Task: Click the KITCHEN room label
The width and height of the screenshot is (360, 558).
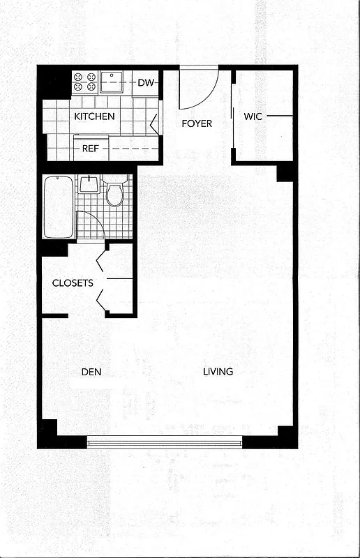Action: click(x=94, y=116)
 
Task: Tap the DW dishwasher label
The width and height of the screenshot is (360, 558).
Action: click(x=145, y=83)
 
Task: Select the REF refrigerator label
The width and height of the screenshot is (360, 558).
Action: click(x=90, y=148)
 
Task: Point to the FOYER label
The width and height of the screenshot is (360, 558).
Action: click(x=197, y=123)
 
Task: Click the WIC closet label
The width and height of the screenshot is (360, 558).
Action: click(x=253, y=116)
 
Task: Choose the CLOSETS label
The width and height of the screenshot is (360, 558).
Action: click(x=73, y=283)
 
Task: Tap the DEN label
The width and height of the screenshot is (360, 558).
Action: click(x=91, y=372)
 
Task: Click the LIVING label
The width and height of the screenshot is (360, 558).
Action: click(x=218, y=372)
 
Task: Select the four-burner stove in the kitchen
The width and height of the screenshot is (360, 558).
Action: click(x=84, y=82)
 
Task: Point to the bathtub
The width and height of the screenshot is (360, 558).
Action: click(x=58, y=207)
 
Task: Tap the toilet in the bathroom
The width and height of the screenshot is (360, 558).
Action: click(x=114, y=192)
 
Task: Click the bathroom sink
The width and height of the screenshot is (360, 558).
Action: click(x=89, y=184)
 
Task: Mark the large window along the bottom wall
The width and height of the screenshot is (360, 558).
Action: click(x=165, y=442)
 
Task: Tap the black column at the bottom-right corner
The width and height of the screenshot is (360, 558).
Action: click(x=285, y=435)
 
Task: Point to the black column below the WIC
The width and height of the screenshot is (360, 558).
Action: click(x=285, y=172)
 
